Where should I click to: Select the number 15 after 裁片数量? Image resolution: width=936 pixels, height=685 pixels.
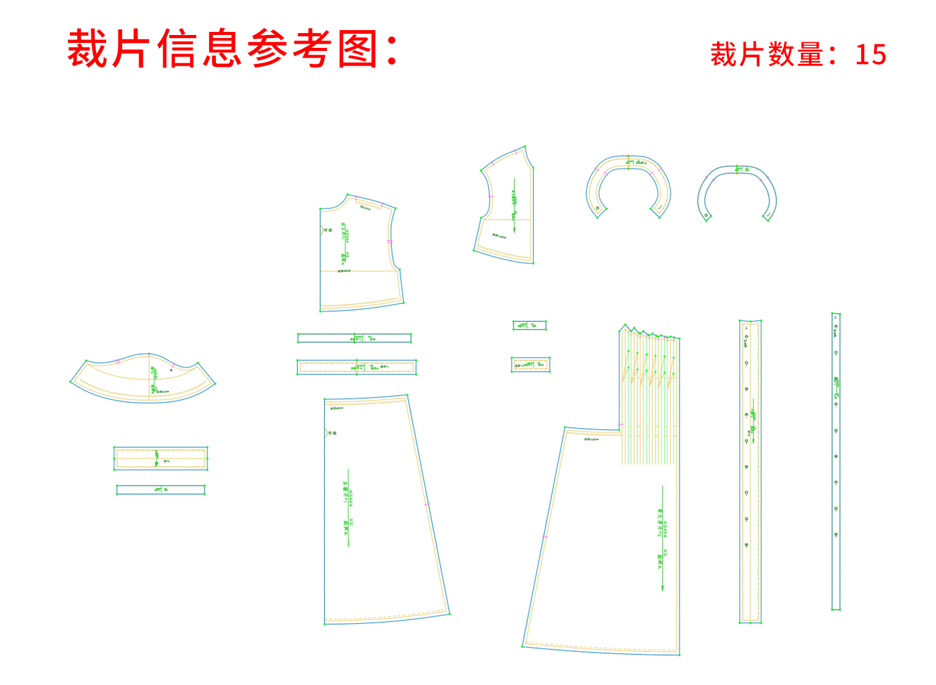pyautogui.click(x=870, y=55)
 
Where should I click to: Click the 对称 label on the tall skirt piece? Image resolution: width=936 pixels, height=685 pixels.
pyautogui.click(x=332, y=433)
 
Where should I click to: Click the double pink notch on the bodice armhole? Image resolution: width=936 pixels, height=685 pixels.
pyautogui.click(x=389, y=242)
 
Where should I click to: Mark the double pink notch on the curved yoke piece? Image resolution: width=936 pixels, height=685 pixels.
pyautogui.click(x=117, y=362)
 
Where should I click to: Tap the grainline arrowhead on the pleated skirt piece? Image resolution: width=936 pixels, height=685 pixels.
pyautogui.click(x=662, y=589)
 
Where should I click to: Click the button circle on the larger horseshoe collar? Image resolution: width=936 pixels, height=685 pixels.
pyautogui.click(x=597, y=209)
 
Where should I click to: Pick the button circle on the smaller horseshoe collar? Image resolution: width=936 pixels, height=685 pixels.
pyautogui.click(x=707, y=215)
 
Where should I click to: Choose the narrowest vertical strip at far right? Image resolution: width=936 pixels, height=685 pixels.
pyautogui.click(x=835, y=461)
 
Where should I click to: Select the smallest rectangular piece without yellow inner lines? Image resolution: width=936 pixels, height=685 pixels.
pyautogui.click(x=529, y=325)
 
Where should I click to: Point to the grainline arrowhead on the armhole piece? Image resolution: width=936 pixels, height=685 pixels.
pyautogui.click(x=514, y=231)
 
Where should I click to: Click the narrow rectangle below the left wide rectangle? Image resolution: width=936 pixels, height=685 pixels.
pyautogui.click(x=161, y=490)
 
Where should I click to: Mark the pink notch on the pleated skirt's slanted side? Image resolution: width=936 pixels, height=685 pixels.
pyautogui.click(x=545, y=537)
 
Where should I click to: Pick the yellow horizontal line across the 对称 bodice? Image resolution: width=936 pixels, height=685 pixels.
pyautogui.click(x=359, y=271)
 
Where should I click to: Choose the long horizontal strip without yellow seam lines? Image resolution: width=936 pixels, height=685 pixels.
pyautogui.click(x=354, y=338)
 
